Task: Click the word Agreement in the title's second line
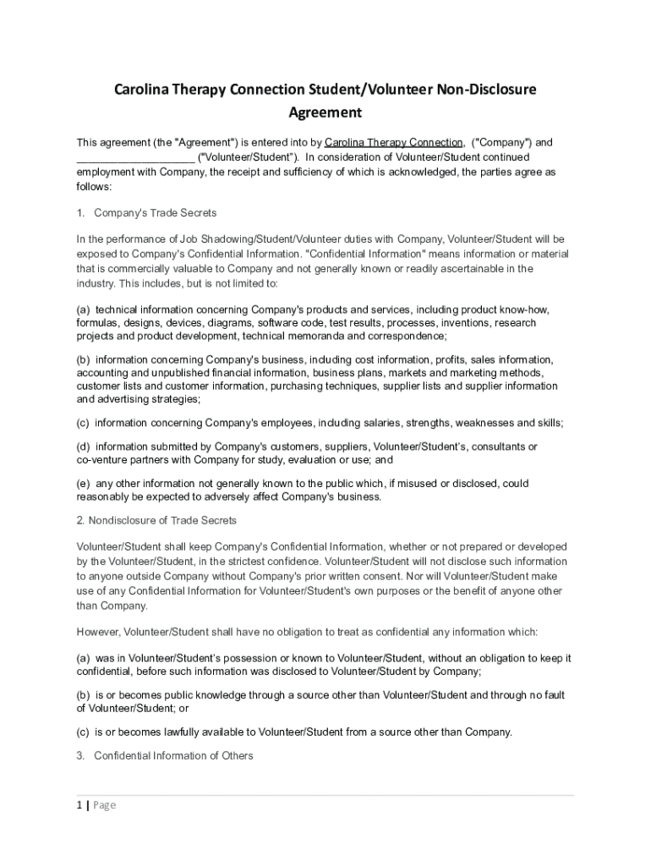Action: point(325,112)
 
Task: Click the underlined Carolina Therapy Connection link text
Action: point(393,142)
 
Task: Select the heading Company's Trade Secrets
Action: point(156,212)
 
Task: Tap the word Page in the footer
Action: point(104,805)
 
